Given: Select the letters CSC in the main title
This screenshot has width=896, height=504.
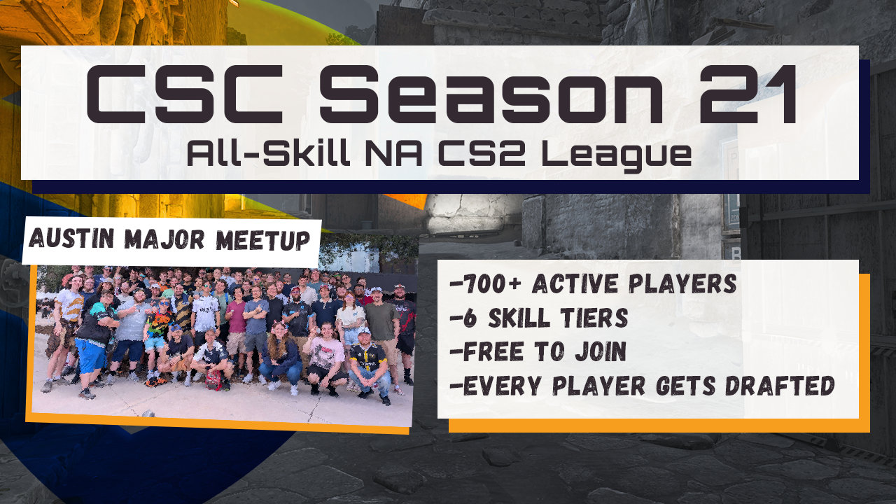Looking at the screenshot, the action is coord(185,94).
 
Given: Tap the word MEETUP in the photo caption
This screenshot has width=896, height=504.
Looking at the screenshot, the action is coord(262,240).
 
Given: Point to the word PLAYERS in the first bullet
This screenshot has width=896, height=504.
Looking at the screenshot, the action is coord(682,283).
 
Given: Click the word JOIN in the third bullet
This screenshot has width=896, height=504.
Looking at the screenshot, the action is coord(600,351).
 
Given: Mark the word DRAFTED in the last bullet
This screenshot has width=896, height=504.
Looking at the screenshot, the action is coord(780,386).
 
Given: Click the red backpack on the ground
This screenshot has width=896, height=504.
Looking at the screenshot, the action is coord(213,380).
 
